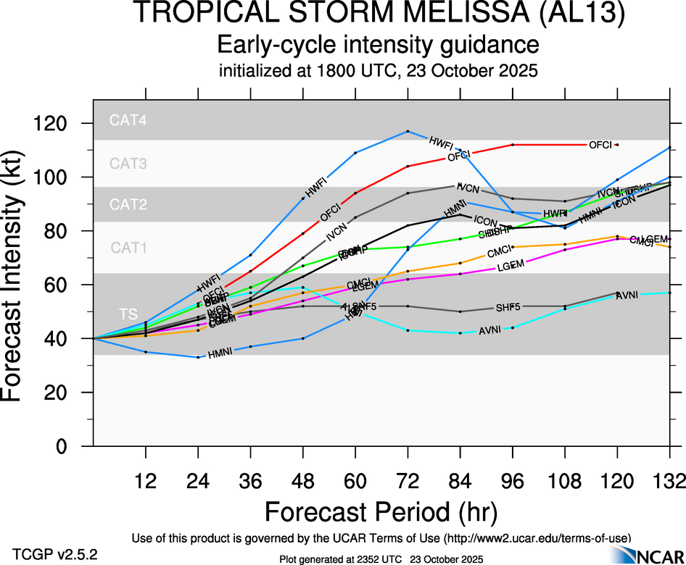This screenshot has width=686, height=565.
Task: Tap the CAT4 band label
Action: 128,121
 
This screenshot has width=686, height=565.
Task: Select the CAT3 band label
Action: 128,164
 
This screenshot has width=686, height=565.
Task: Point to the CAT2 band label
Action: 128,205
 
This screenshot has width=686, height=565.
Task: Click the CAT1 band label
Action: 128,248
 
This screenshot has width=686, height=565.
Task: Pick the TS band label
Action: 128,314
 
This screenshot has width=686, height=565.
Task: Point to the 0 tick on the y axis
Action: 75,446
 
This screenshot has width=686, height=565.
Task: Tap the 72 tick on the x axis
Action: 408,480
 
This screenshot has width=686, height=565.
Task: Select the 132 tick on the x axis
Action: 669,480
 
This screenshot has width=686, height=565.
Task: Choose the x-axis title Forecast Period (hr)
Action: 380,512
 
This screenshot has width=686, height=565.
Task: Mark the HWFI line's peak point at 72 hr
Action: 408,131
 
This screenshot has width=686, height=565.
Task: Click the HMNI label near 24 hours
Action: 220,354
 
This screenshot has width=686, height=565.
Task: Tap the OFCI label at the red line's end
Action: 601,145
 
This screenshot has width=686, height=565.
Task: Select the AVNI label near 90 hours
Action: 490,331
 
